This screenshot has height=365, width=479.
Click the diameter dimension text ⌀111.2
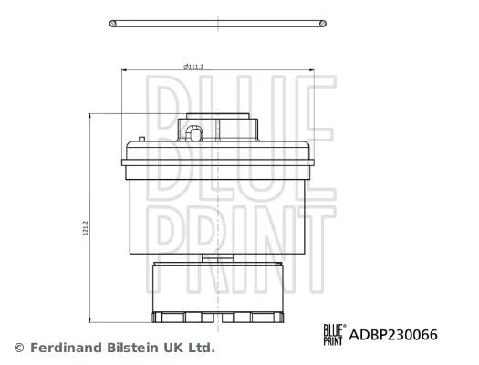[193, 67]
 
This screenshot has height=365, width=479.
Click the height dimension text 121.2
[86, 227]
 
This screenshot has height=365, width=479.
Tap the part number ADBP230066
[393, 335]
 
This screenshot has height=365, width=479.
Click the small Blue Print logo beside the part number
[335, 335]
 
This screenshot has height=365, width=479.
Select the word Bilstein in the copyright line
[133, 348]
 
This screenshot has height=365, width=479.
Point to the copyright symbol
[19, 348]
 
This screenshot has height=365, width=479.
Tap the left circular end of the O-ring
[113, 24]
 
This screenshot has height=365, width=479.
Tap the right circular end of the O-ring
[323, 24]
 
